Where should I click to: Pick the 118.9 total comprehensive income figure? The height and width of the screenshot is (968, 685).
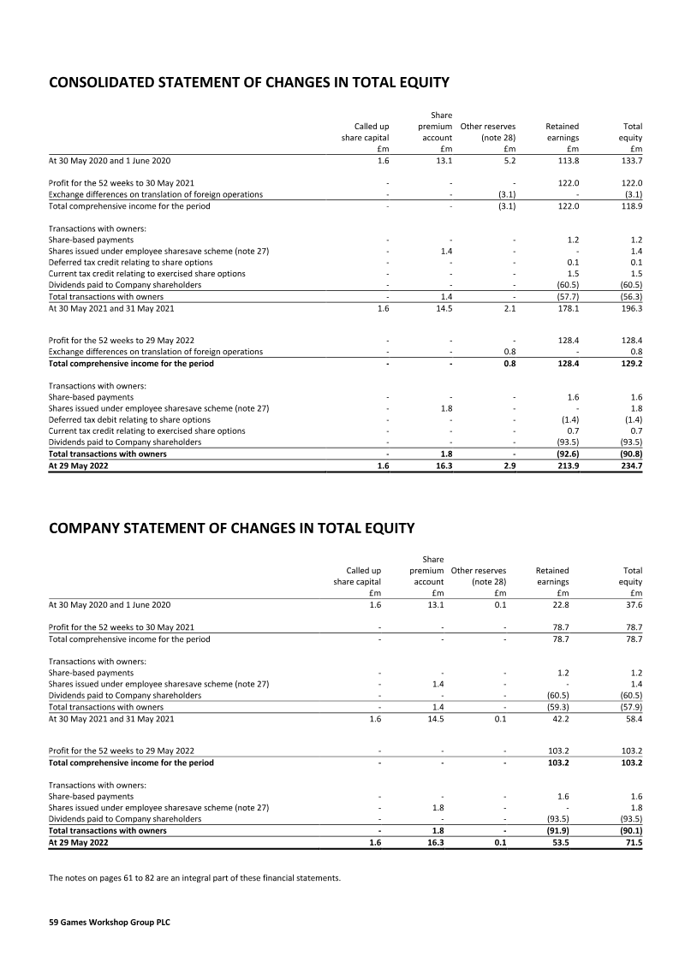(631, 206)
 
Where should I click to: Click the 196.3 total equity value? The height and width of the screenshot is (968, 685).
(631, 308)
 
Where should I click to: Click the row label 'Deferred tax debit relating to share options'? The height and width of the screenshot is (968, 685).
(129, 420)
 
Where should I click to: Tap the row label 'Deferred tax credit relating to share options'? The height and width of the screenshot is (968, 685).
(130, 263)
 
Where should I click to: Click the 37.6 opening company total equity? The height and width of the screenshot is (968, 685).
(633, 605)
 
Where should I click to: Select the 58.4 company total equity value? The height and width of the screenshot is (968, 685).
(633, 719)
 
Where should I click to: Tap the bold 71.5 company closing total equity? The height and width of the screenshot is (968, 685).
(633, 842)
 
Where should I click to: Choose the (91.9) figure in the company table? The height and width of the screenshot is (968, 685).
(557, 830)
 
